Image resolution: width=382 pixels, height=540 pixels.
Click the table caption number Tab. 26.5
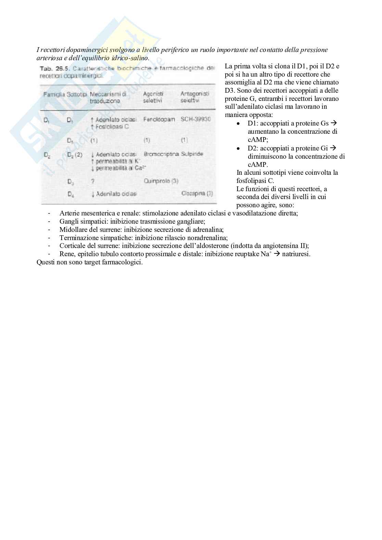52,68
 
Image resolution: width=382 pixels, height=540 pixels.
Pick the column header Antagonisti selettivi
194,97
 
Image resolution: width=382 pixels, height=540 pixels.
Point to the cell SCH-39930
196,119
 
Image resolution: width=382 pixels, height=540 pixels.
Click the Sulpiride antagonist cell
192,154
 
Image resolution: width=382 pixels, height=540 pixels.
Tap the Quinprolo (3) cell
161,181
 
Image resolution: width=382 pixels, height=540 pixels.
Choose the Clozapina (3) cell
197,194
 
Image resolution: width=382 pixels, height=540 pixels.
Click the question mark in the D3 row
93,181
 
